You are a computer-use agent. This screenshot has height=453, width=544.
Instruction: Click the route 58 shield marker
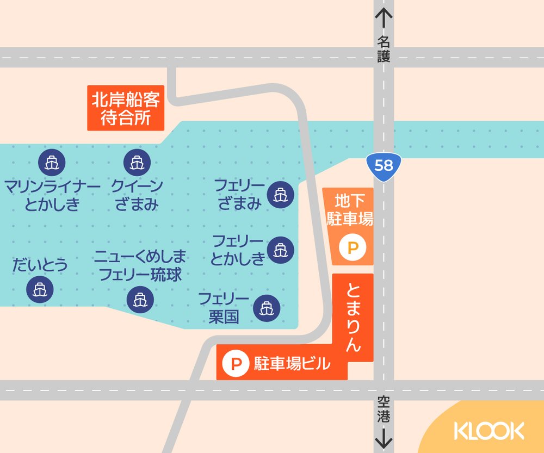384,165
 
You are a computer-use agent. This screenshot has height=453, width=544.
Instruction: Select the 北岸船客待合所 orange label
126,108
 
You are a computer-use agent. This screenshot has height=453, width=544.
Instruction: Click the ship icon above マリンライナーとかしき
52,162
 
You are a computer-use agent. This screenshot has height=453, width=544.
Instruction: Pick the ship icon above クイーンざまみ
135,162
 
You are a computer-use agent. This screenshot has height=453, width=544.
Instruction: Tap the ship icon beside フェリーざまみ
281,194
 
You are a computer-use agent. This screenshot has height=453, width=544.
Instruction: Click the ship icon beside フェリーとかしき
281,250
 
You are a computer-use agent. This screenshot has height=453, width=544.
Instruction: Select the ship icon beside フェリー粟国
266,308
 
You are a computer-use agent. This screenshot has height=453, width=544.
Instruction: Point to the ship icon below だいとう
40,289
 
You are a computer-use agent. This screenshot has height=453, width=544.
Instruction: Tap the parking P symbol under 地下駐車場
353,249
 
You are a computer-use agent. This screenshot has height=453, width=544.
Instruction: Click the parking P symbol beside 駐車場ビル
236,363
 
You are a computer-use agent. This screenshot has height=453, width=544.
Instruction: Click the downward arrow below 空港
384,437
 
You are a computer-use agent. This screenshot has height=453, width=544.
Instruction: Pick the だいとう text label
40,265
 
